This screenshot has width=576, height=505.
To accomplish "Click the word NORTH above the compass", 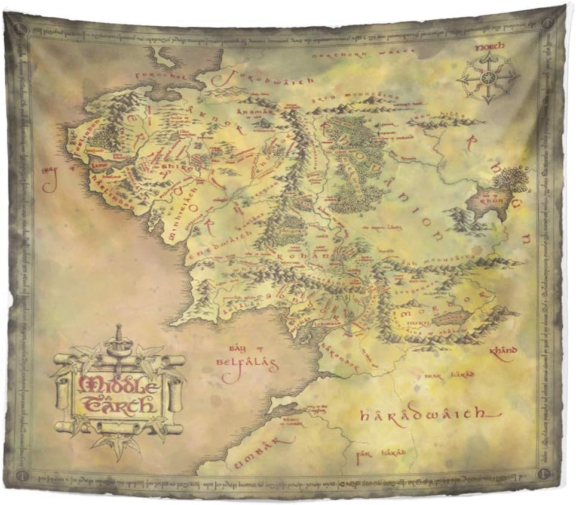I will (490, 46).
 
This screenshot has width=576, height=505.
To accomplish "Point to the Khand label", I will (502, 350).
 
